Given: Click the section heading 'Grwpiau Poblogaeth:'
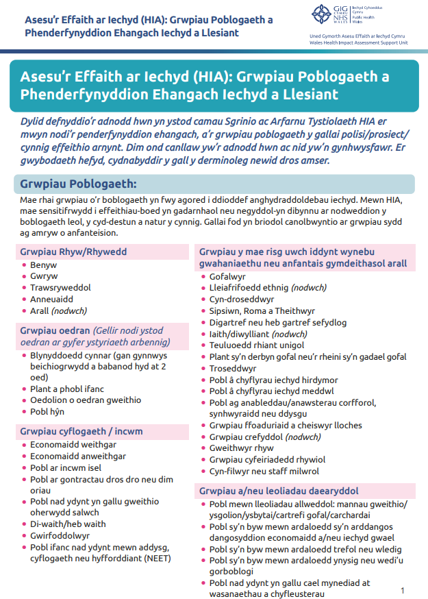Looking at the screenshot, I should [x=78, y=184].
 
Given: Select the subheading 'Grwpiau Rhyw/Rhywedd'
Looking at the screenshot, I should [x=73, y=252].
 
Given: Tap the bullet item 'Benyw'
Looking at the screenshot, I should [x=43, y=265].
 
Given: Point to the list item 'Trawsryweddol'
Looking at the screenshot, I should [x=60, y=287].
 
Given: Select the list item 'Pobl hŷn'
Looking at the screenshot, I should [x=48, y=411].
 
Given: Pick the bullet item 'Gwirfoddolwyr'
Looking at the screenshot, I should [x=60, y=535].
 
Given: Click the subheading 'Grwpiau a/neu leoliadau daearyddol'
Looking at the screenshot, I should [x=279, y=491].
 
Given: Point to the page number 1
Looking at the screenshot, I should [x=403, y=590].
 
